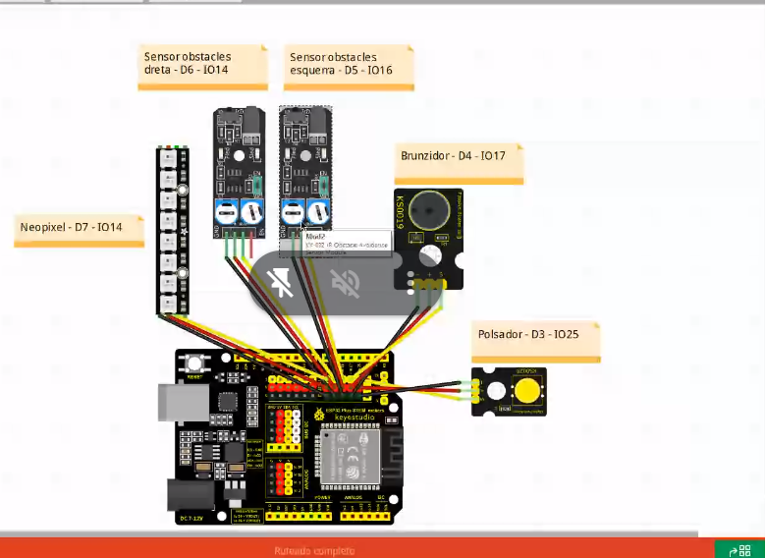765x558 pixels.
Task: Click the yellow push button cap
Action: pos(527,392)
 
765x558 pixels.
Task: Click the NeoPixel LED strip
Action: pos(172,231)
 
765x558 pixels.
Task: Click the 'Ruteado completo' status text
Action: pos(314,550)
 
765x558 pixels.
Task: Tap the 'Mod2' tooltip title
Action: pos(314,237)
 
